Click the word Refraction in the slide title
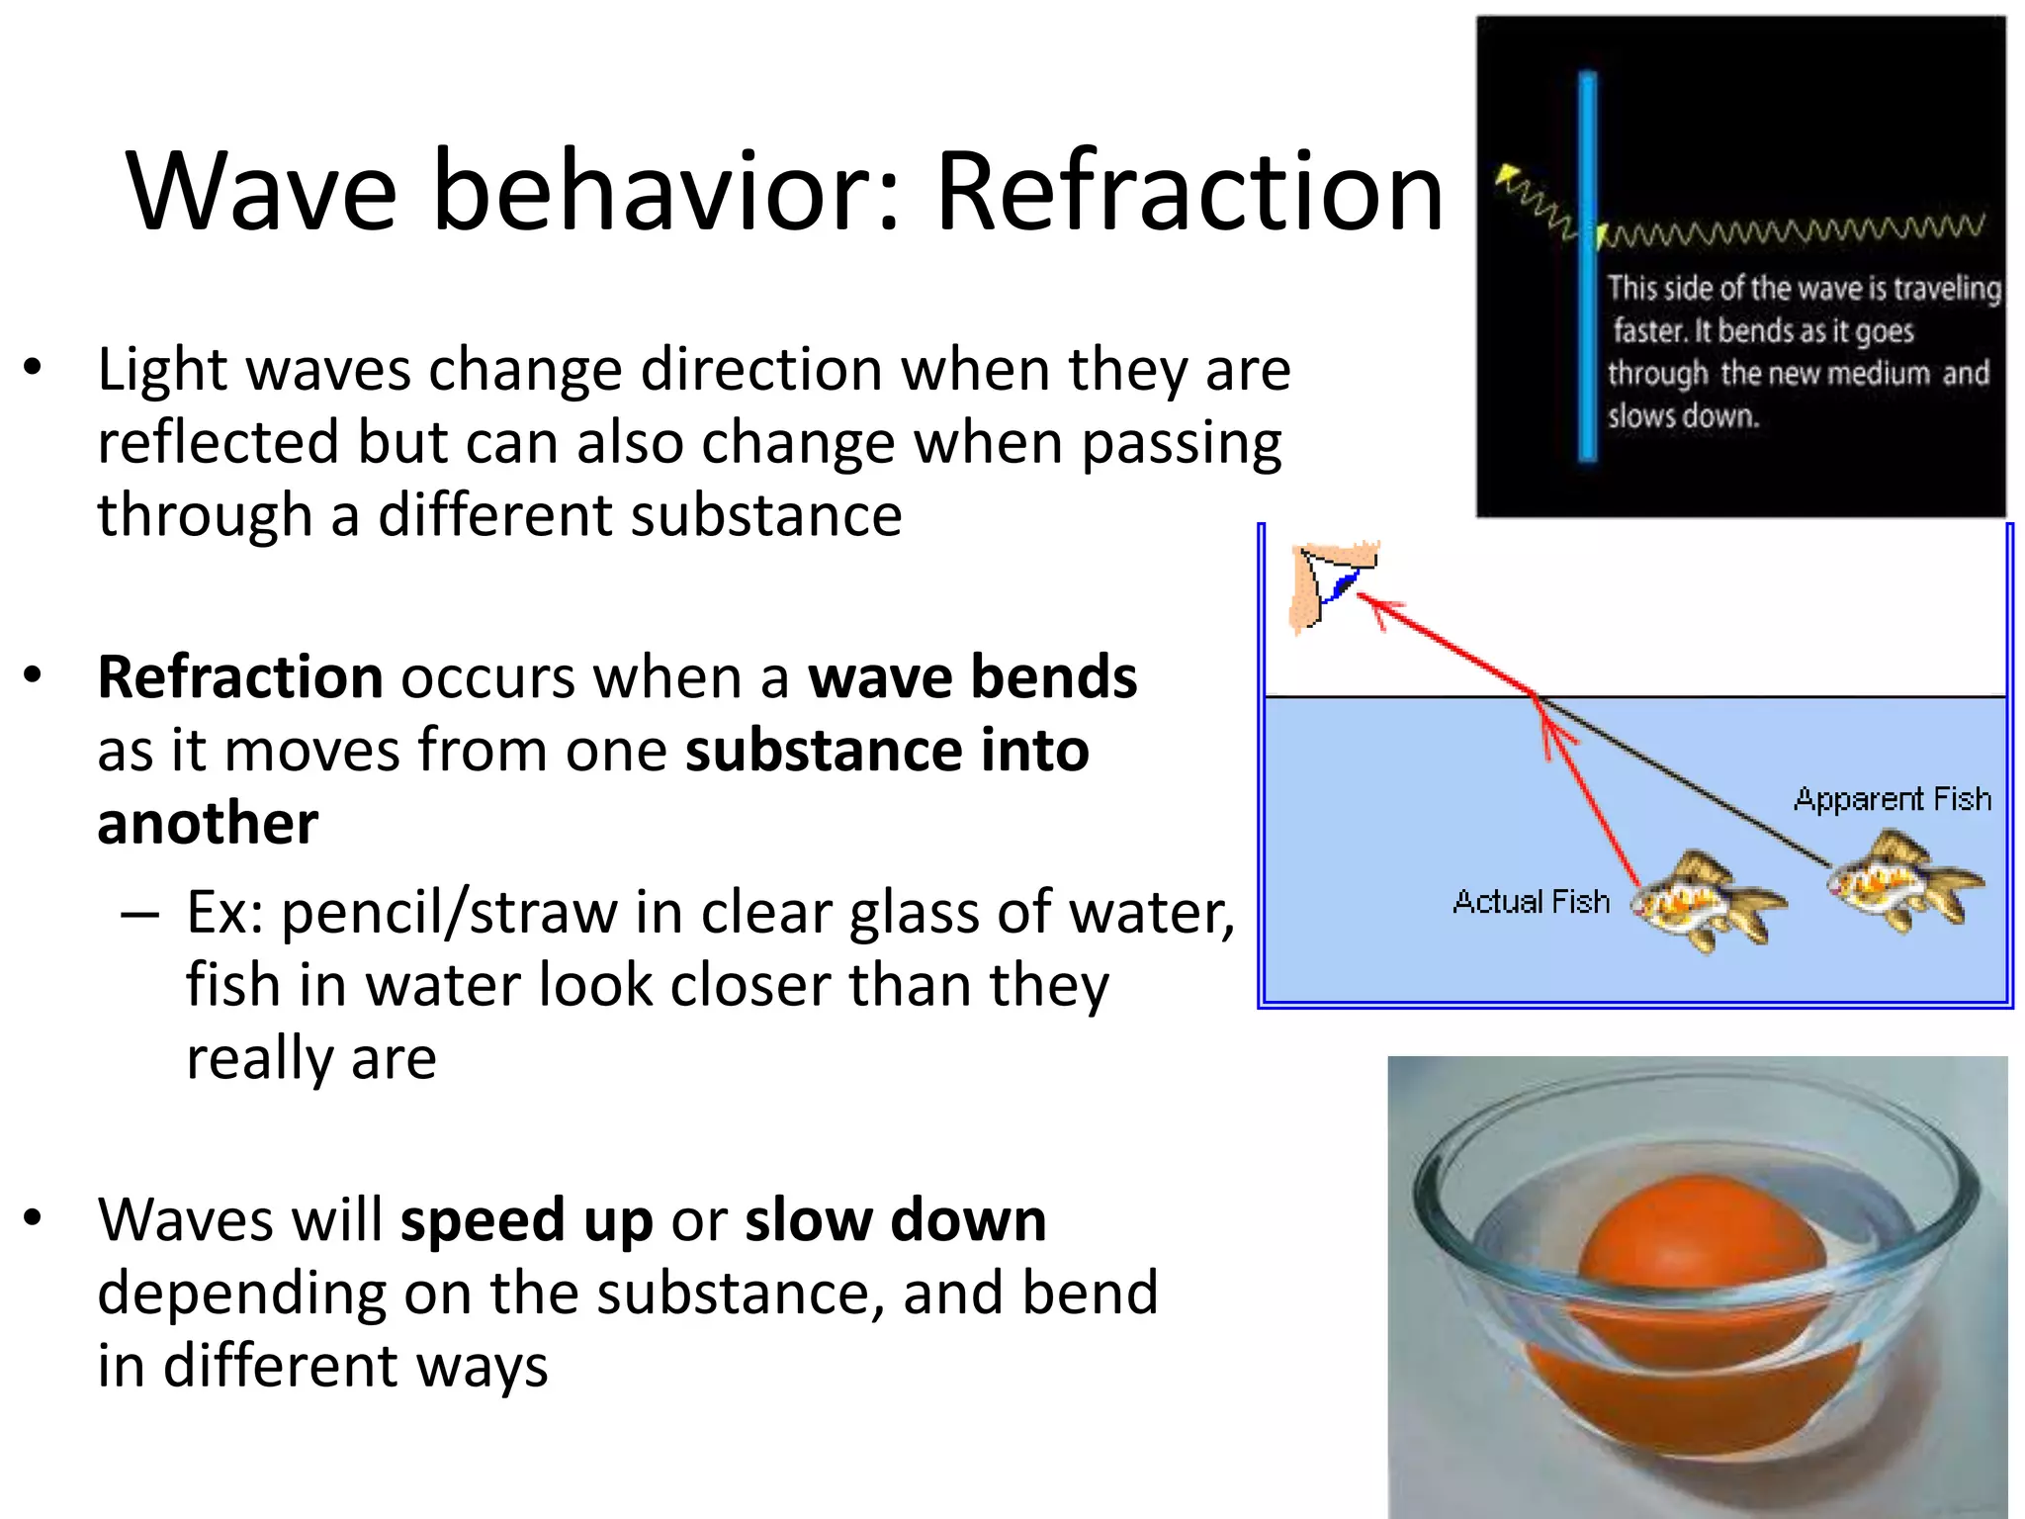(1189, 190)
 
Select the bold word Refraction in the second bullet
(240, 677)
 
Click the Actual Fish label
(1531, 902)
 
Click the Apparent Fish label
(1892, 799)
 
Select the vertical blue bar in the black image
(1588, 267)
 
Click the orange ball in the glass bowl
(1699, 1276)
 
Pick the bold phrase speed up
(526, 1220)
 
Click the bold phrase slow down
(895, 1220)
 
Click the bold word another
(208, 824)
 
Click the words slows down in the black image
(1683, 416)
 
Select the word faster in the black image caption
(1648, 330)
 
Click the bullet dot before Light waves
(33, 368)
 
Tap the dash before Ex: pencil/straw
(139, 914)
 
